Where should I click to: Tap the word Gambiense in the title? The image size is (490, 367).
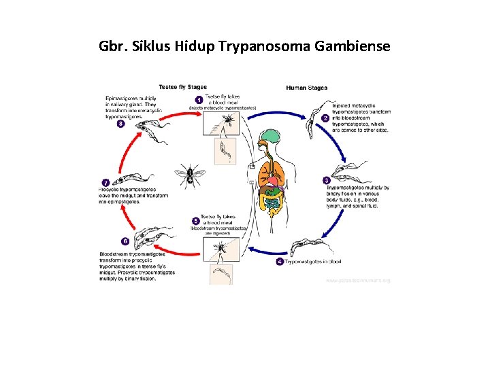(356, 47)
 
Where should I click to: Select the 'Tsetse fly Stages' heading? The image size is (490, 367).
(182, 87)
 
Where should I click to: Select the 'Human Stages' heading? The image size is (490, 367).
(306, 88)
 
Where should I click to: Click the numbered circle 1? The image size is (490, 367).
(199, 100)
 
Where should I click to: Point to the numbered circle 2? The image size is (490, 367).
(326, 118)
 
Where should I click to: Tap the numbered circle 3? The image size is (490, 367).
(327, 181)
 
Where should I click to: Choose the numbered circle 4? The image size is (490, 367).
(280, 262)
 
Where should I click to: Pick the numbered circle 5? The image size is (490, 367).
(196, 221)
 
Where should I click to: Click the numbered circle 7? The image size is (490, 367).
(105, 182)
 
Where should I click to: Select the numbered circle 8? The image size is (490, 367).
(120, 124)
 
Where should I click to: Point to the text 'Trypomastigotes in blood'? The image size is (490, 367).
(312, 262)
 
